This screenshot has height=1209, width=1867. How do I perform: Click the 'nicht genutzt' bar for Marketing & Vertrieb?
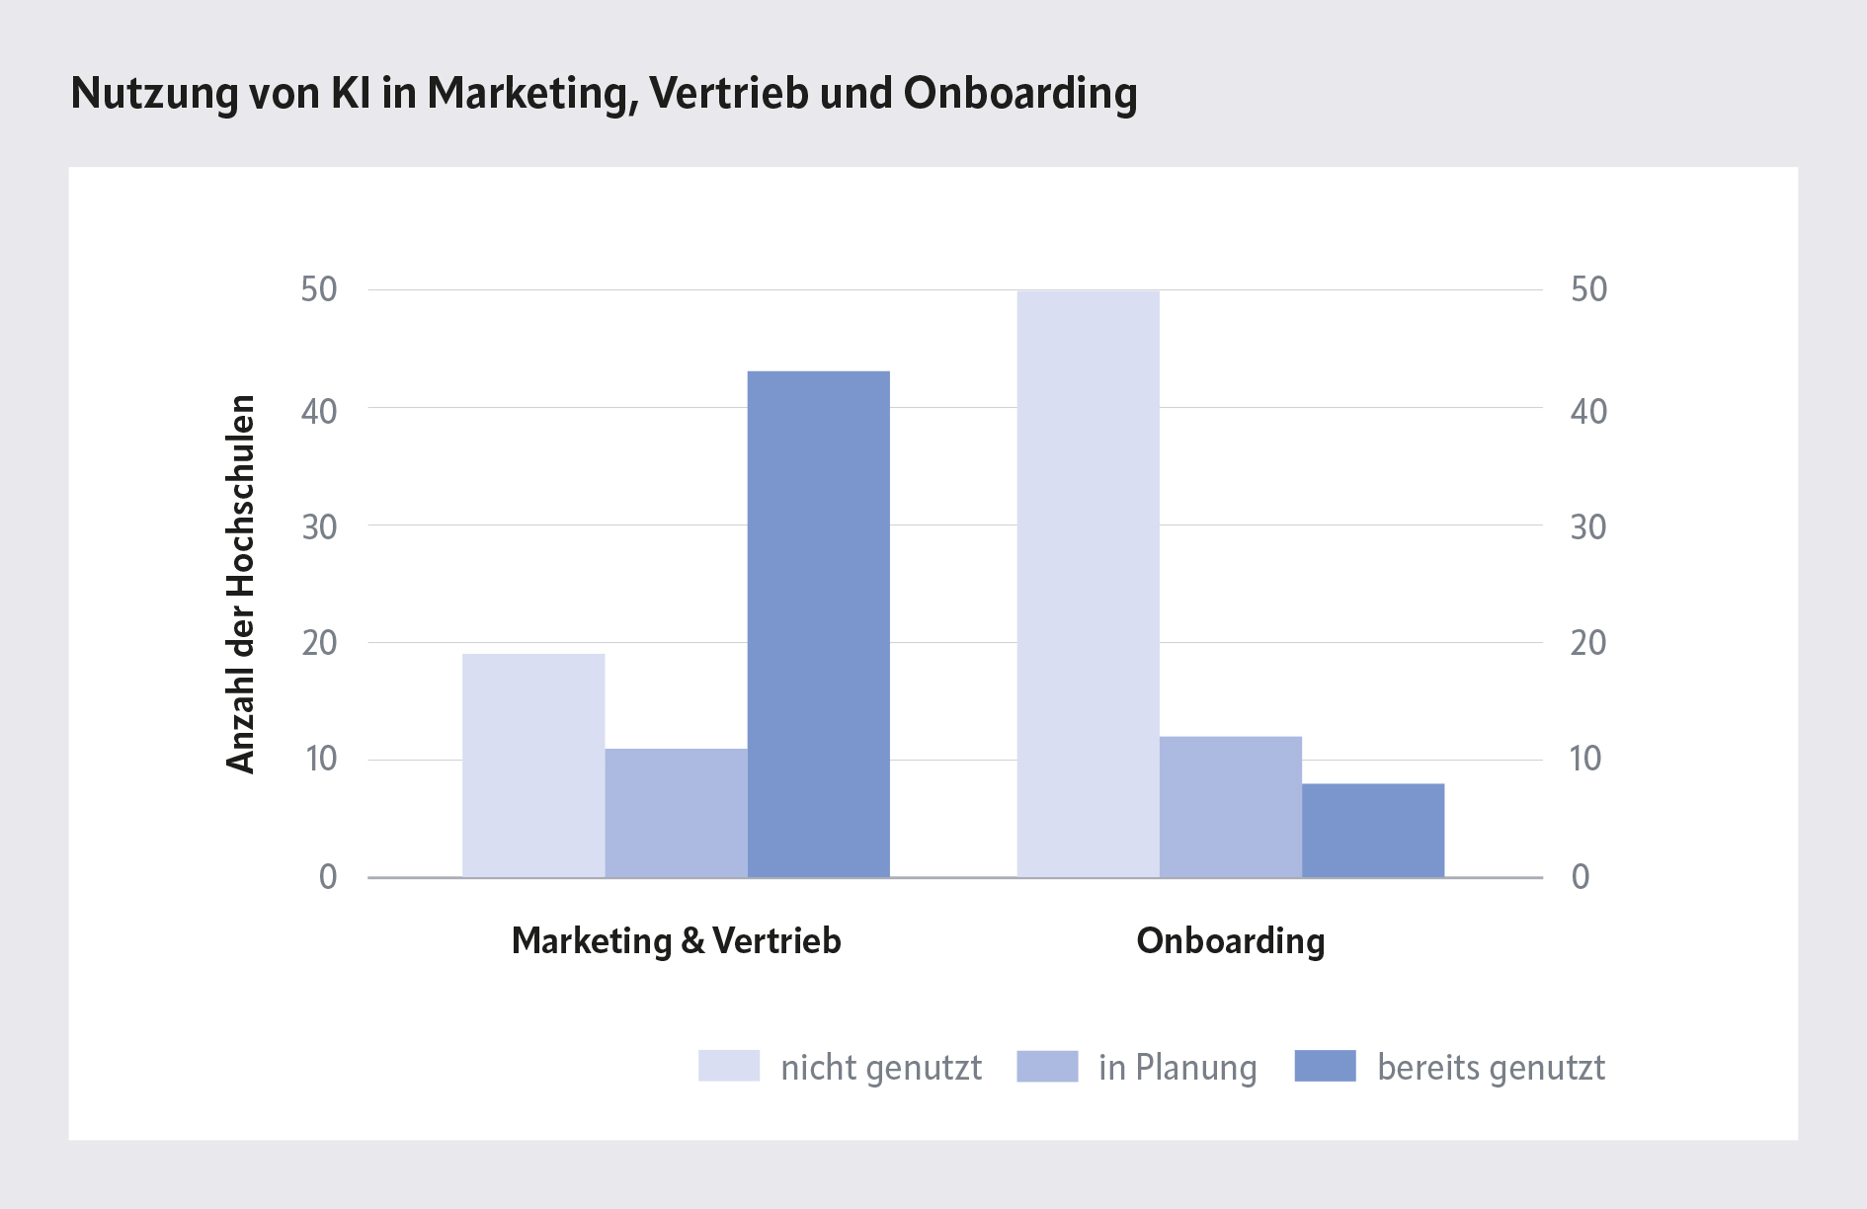coord(533,766)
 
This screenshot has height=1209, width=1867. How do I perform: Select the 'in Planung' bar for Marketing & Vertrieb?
coord(676,813)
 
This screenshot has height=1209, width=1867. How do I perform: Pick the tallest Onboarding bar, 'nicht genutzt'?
coord(1088,584)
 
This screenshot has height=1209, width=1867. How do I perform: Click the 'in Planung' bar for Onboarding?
coord(1230,807)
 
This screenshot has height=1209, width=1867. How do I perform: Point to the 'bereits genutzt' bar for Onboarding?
coord(1372,831)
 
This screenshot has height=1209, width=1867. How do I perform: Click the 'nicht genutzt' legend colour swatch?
coord(729,1066)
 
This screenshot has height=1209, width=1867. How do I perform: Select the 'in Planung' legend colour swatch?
coord(1047,1066)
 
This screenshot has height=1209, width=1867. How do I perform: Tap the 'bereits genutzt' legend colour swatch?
coord(1325,1066)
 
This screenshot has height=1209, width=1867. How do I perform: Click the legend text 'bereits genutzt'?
coord(1491,1068)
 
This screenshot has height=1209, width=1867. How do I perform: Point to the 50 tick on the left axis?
coord(319,289)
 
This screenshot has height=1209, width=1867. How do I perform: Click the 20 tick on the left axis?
coord(319,643)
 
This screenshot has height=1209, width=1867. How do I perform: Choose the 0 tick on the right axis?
coord(1581,876)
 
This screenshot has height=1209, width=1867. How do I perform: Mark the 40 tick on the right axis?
coord(1588,411)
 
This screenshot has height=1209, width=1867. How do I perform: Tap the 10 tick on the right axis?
coord(1585,759)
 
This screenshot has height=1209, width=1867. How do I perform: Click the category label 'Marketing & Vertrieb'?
coord(676,940)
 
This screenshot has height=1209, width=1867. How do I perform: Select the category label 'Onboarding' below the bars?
coord(1230,940)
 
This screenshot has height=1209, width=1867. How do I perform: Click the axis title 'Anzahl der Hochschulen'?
coord(241,584)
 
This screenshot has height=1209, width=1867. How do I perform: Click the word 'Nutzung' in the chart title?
coord(155,94)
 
